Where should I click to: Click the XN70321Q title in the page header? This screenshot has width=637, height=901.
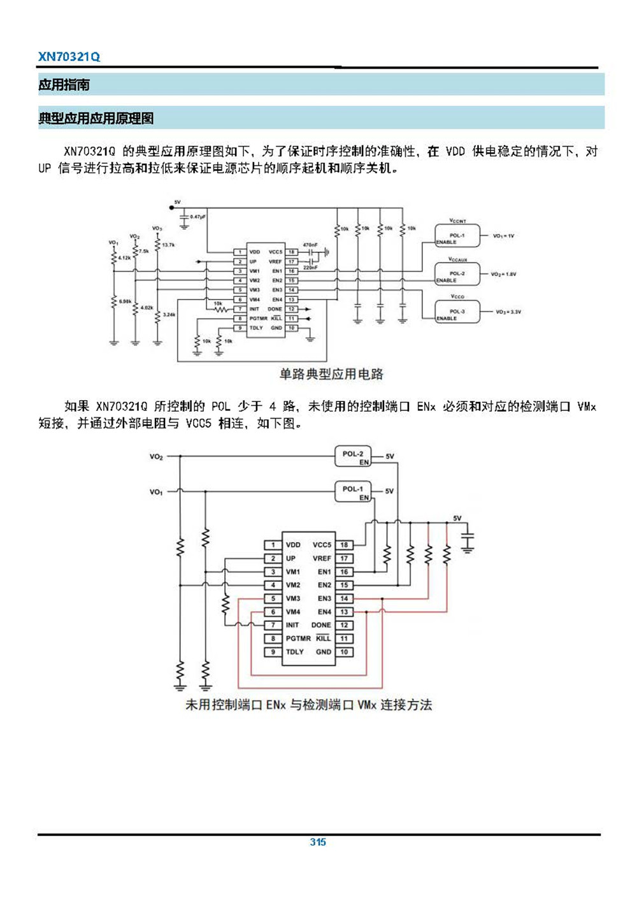click(69, 57)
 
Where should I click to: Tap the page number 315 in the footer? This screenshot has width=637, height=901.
click(318, 842)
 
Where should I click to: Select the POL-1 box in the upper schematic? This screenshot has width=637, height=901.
click(457, 236)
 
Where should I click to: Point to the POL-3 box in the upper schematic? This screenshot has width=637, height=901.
click(457, 312)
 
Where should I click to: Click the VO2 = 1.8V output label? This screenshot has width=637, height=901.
click(503, 274)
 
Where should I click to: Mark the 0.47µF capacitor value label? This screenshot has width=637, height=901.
click(197, 217)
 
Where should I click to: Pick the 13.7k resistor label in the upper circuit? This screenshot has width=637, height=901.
click(168, 245)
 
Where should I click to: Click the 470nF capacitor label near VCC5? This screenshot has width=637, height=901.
click(310, 245)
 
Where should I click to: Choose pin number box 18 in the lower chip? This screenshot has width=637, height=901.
click(344, 545)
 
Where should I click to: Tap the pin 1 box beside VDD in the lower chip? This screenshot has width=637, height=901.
click(273, 545)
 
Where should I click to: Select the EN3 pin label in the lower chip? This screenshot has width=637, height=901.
click(324, 598)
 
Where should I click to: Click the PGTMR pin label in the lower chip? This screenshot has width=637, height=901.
click(298, 638)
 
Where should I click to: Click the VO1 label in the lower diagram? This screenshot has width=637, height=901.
click(156, 492)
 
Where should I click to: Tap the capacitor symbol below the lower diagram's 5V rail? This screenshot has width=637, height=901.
click(468, 540)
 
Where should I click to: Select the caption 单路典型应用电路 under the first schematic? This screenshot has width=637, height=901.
click(331, 374)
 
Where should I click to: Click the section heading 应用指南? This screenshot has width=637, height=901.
click(64, 85)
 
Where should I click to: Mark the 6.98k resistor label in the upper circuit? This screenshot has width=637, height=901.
click(125, 301)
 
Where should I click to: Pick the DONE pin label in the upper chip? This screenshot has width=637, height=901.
click(275, 309)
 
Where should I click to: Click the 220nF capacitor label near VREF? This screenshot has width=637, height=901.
click(310, 268)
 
